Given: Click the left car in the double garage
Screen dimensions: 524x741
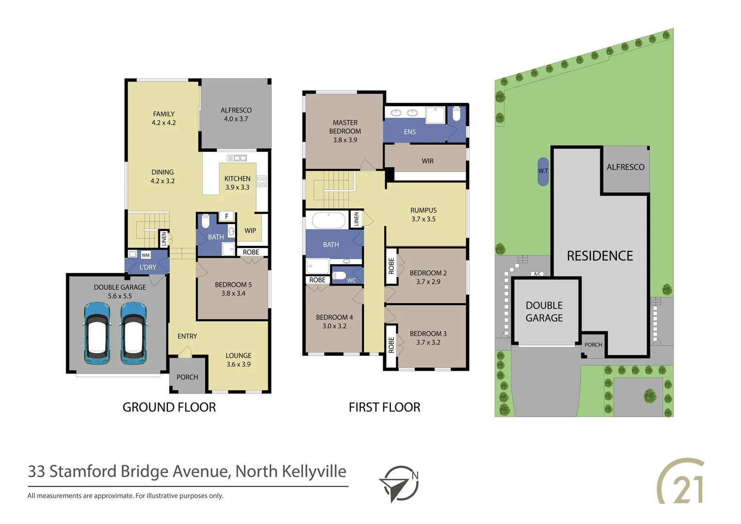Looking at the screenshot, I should coord(97,333).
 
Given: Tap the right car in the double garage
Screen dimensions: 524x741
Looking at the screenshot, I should coord(133,333).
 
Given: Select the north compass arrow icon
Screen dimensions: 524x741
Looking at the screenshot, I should coord(399,484).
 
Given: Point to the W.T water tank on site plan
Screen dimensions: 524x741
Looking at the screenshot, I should coord(543,171).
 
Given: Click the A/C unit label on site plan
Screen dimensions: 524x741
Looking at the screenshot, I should coord(537,274).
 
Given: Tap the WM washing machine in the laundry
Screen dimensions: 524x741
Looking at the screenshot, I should coord(145,255).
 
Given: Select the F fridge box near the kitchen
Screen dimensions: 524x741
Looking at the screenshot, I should coord(226,216).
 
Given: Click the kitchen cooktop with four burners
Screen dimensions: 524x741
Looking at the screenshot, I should coord(262,181).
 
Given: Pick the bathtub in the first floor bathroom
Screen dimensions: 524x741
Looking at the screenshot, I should coord(328,220).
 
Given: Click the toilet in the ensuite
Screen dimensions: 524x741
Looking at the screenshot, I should coord(456,114).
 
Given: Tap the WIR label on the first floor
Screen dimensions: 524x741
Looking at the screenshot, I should coord(427,161).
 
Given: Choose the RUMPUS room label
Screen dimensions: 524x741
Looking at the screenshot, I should coord(423,210).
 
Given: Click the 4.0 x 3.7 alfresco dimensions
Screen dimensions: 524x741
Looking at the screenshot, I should coord(236,119).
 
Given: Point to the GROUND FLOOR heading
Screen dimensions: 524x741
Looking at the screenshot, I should coord(169,407).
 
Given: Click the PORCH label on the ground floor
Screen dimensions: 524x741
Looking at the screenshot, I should coord(187,377).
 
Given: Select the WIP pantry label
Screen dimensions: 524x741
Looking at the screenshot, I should coord(250,230).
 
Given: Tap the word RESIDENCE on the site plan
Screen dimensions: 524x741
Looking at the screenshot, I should coord(600,256).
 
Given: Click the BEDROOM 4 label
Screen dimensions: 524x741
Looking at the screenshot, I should coord(334,317).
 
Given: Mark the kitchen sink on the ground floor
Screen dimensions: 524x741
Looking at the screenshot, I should coord(237,158).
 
